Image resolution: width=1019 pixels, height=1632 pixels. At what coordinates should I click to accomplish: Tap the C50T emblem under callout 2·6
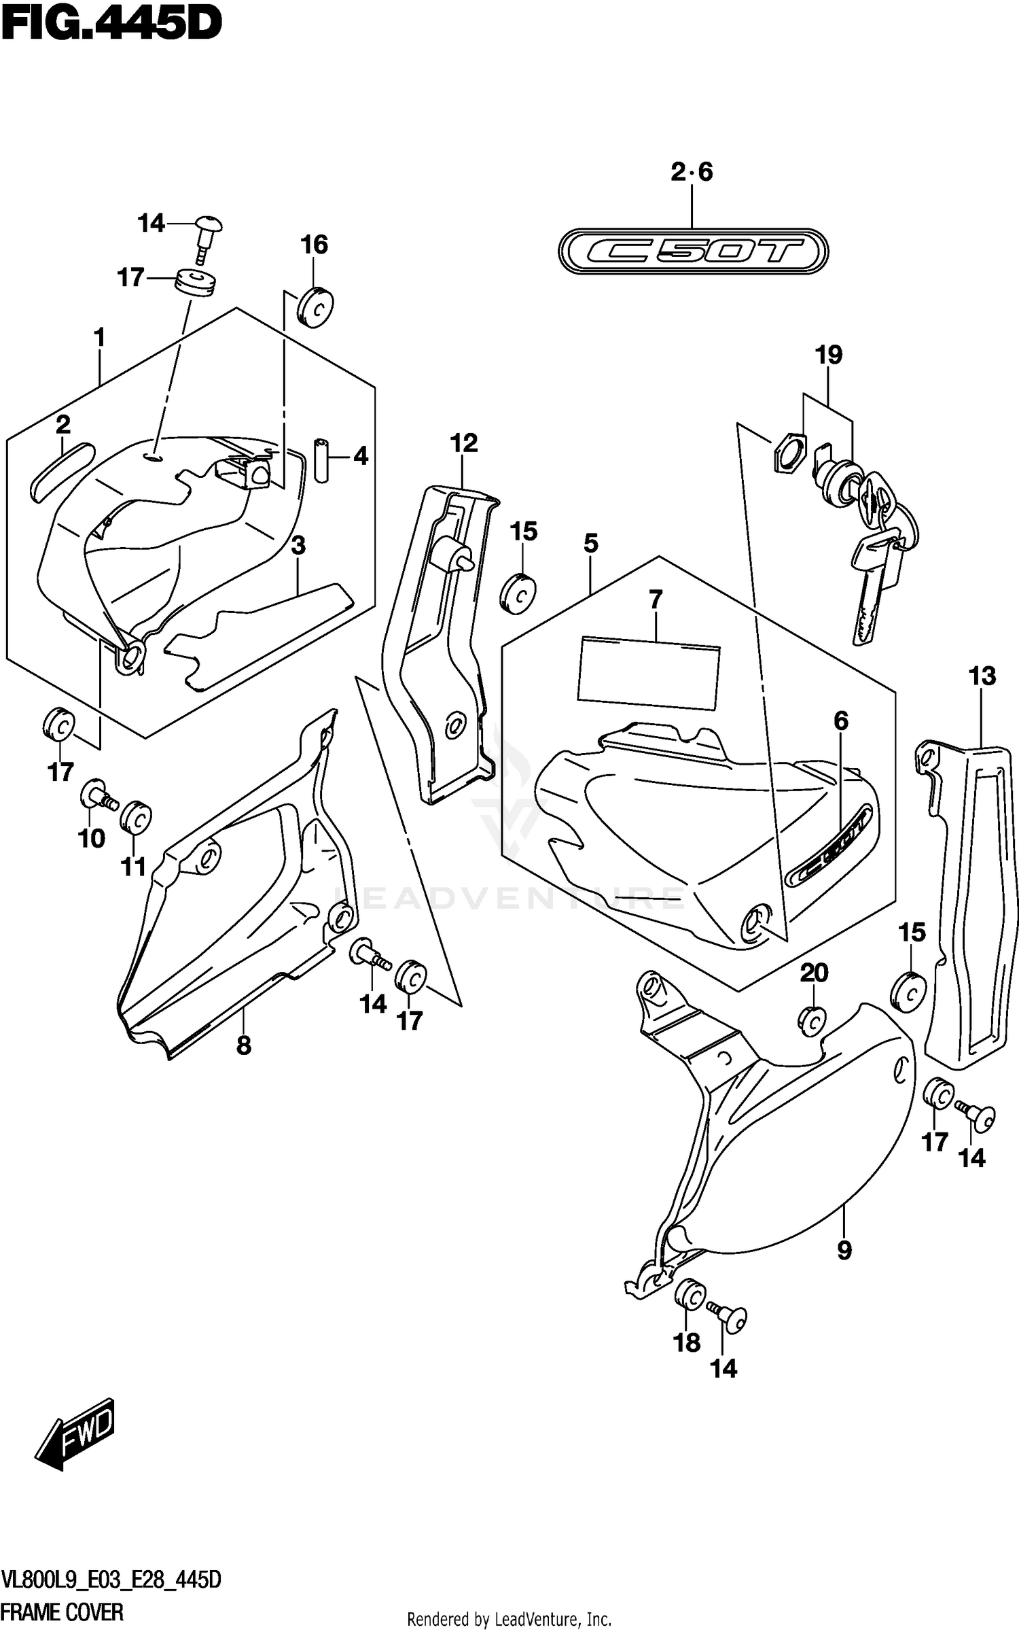click(692, 251)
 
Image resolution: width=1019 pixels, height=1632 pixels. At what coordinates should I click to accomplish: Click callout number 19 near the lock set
click(829, 355)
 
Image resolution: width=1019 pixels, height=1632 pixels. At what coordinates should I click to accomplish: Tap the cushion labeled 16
click(315, 307)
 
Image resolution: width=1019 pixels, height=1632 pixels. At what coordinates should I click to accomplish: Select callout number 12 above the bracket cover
click(463, 443)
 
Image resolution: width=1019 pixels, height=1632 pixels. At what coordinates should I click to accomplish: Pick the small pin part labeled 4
click(321, 460)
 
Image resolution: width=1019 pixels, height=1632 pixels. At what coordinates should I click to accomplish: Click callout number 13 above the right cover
click(982, 676)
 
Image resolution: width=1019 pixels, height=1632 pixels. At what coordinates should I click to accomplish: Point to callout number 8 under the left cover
click(244, 1045)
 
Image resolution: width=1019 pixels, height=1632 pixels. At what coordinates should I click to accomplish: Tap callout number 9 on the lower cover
click(844, 1249)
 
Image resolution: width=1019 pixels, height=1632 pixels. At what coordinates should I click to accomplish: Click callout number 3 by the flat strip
click(298, 545)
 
